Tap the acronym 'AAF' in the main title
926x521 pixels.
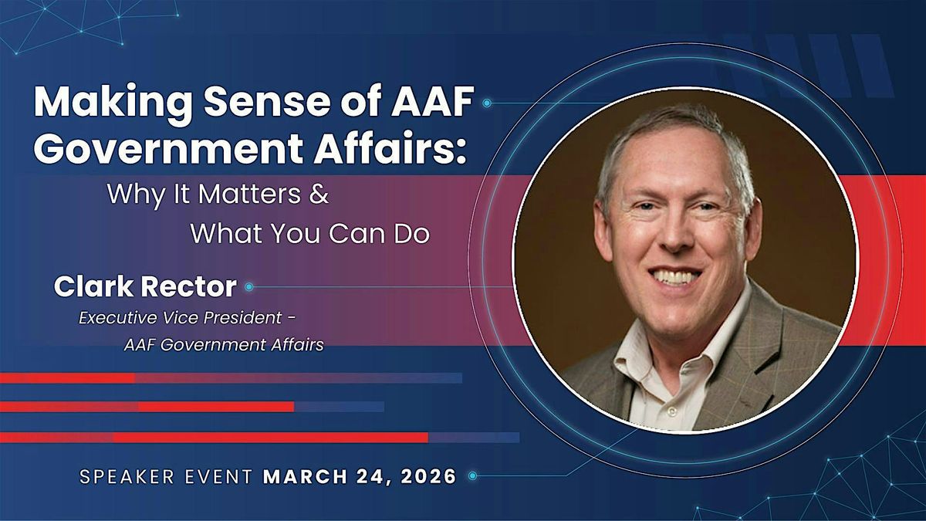point(432,101)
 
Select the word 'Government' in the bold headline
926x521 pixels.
point(169,148)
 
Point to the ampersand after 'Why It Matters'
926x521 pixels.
point(319,194)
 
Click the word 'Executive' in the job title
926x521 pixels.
point(118,318)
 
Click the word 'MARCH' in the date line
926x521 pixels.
point(306,477)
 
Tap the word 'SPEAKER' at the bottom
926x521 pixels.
point(127,477)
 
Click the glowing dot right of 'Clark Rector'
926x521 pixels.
point(248,287)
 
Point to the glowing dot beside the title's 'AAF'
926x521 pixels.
point(487,103)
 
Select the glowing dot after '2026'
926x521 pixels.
point(473,476)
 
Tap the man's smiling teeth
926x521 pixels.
point(674,276)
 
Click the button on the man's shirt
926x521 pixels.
point(672,411)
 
